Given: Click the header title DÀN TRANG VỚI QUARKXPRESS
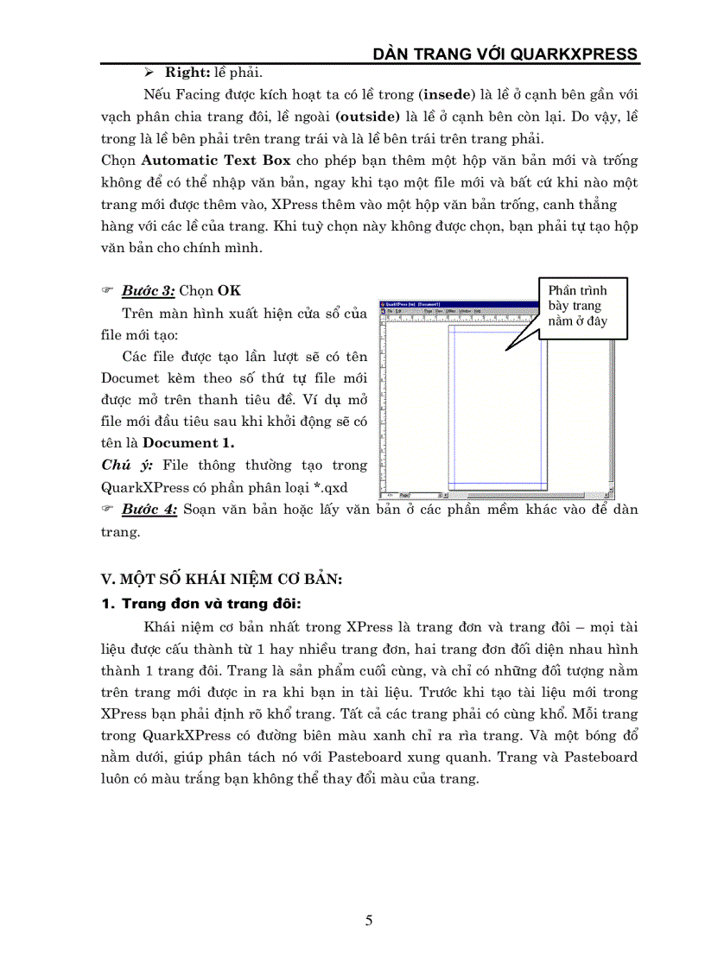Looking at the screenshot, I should click(x=505, y=54).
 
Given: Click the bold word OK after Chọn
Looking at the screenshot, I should click(x=229, y=291).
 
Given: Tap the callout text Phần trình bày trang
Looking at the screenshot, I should click(x=577, y=298).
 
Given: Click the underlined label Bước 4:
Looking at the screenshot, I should click(x=149, y=510).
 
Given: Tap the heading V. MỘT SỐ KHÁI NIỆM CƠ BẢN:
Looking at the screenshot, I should click(x=221, y=579).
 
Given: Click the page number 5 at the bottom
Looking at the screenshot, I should click(x=369, y=921).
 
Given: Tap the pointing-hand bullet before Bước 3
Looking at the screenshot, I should click(x=108, y=292).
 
